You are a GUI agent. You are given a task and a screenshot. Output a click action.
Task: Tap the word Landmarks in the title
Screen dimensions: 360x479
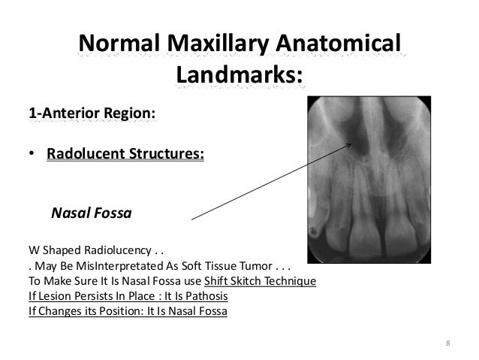point(237,75)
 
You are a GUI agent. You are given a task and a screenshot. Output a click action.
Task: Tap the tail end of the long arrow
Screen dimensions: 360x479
point(191,219)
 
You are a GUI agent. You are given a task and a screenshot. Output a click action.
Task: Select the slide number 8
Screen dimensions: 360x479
point(448,344)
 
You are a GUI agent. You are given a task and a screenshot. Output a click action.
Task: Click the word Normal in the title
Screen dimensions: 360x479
point(114,44)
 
